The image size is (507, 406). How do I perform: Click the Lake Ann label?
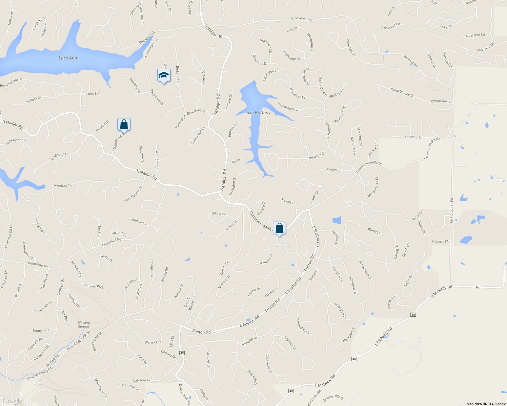click(x=68, y=58)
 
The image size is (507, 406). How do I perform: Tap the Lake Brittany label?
click(x=258, y=113)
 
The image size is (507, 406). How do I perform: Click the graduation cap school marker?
click(x=164, y=76)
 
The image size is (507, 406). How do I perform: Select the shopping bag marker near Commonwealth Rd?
click(x=279, y=228)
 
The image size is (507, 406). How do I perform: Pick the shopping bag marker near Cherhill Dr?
click(x=124, y=125)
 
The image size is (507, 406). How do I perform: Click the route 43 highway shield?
click(x=182, y=353)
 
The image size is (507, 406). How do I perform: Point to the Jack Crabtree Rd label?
click(x=451, y=210)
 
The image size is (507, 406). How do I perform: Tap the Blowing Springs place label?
click(x=84, y=324)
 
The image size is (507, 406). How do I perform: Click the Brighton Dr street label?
click(x=414, y=137)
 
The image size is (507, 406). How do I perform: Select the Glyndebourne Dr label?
click(x=402, y=93)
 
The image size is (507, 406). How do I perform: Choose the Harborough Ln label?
click(x=288, y=107)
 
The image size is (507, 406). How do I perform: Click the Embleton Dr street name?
click(x=316, y=156)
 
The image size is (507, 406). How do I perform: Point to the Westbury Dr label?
click(x=63, y=185)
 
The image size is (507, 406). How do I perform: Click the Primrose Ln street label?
click(x=130, y=387)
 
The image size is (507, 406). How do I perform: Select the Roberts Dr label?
click(x=440, y=242)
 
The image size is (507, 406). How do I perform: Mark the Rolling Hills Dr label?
click(x=333, y=398)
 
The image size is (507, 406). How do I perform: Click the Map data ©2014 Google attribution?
click(x=486, y=404)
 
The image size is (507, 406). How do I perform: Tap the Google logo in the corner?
click(x=12, y=401)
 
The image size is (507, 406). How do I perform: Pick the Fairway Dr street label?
click(x=288, y=201)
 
